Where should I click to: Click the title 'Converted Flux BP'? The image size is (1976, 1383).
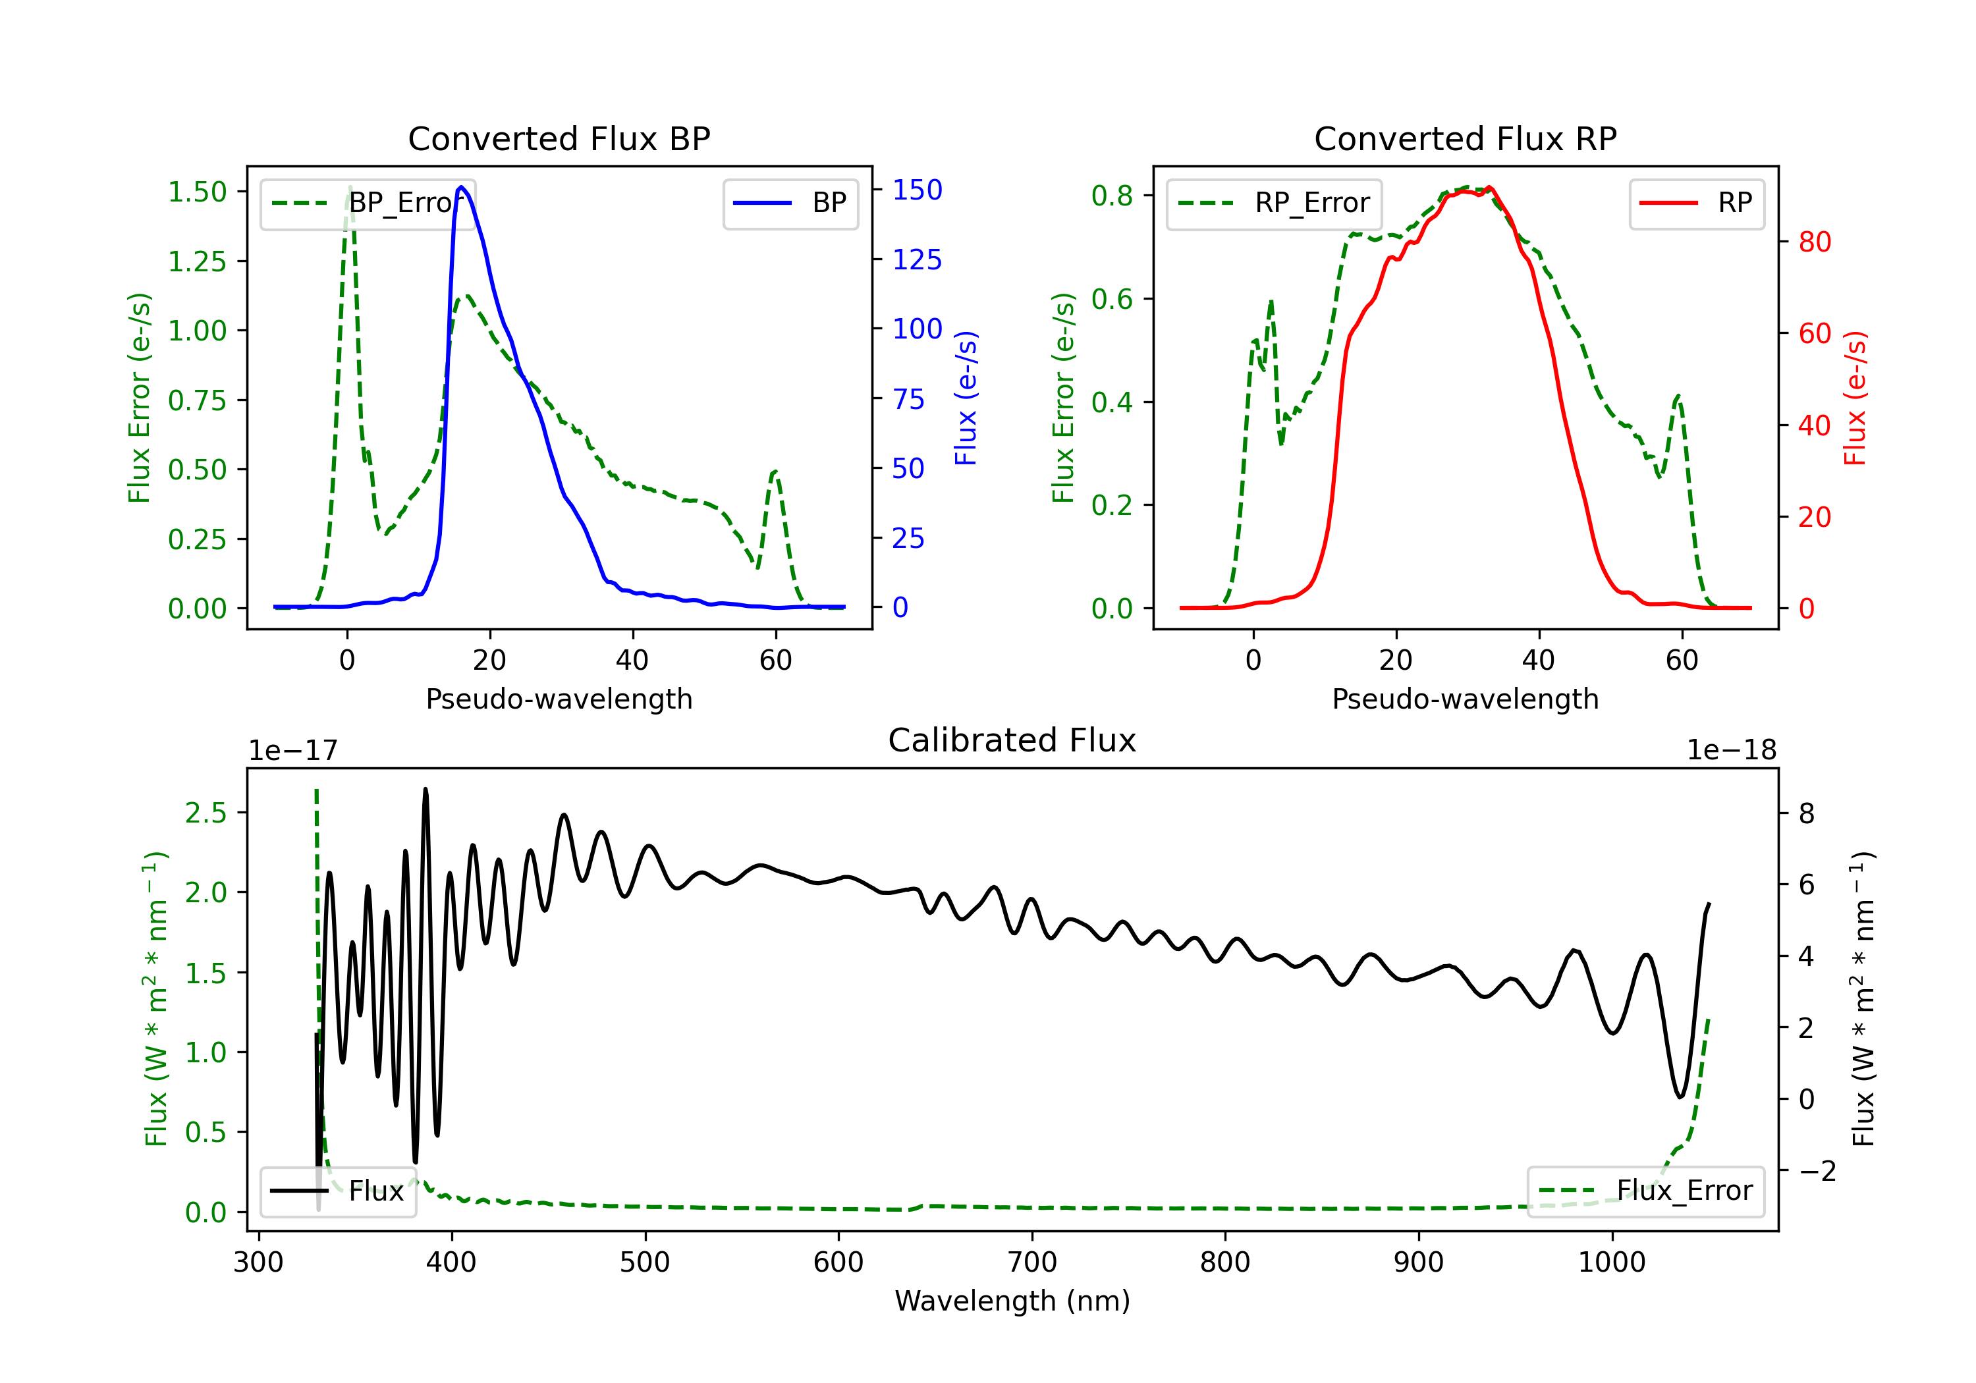[559, 138]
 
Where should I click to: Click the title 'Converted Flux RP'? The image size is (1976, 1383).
[1466, 138]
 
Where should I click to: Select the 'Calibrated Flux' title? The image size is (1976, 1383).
[1012, 740]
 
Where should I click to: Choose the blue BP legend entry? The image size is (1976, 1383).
[790, 203]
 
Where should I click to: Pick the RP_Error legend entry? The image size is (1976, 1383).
[1274, 203]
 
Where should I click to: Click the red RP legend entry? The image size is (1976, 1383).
[1696, 203]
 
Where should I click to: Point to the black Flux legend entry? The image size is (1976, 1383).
[337, 1191]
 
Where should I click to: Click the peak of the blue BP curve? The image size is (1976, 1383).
[461, 187]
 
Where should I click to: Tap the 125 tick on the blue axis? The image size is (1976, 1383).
[918, 260]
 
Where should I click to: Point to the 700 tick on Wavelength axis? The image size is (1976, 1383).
[1032, 1262]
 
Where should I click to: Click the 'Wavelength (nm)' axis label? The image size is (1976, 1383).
[1012, 1301]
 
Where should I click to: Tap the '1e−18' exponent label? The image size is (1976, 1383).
[1732, 751]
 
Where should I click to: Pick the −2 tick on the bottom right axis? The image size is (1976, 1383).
[1817, 1172]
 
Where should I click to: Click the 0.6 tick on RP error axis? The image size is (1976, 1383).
[1112, 300]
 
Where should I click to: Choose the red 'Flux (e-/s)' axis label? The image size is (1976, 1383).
[1855, 398]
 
